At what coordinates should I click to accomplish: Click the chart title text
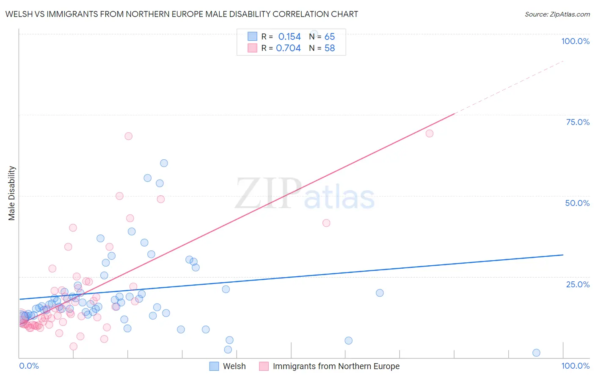click(x=182, y=14)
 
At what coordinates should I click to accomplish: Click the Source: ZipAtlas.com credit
click(x=557, y=14)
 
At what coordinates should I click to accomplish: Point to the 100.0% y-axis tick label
click(x=575, y=41)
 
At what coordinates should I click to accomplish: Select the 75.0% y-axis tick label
click(x=578, y=122)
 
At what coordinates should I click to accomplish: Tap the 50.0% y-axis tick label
click(x=577, y=203)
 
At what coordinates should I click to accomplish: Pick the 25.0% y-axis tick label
click(x=578, y=284)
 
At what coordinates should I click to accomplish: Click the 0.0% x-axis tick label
click(x=29, y=366)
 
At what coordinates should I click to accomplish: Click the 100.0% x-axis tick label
click(x=575, y=366)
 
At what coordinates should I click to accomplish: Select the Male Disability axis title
click(x=12, y=193)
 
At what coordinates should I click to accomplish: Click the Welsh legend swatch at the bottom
click(x=215, y=366)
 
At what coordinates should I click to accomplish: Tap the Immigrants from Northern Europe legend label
click(x=336, y=366)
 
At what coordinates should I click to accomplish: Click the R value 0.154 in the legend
click(x=289, y=37)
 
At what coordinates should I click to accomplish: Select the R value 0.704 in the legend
click(x=288, y=48)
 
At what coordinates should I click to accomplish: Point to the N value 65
click(x=330, y=37)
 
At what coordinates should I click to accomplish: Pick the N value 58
click(x=330, y=48)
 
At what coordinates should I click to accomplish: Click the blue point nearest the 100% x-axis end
click(x=536, y=353)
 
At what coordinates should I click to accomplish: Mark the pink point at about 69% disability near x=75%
click(x=429, y=133)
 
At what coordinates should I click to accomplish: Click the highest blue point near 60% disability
click(x=164, y=163)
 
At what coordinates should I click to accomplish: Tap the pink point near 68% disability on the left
click(x=128, y=136)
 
